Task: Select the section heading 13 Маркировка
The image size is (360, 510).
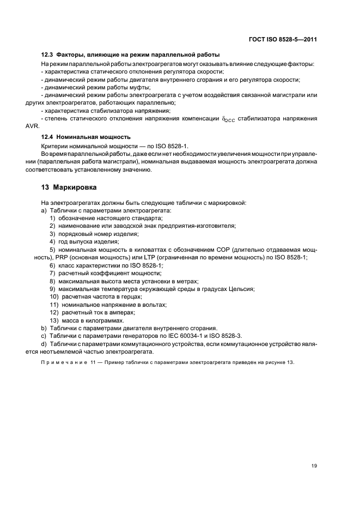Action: tap(69, 187)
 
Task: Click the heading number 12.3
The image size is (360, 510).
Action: tap(47, 55)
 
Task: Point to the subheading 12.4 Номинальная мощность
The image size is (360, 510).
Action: tap(87, 137)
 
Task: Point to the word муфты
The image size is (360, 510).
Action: tap(138, 87)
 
